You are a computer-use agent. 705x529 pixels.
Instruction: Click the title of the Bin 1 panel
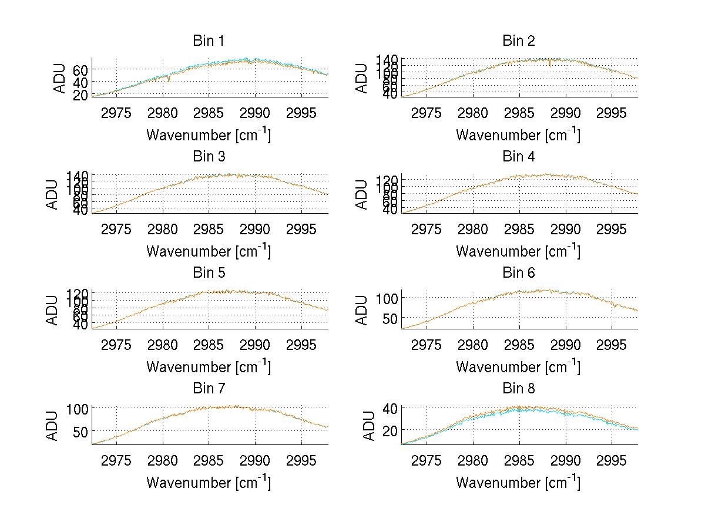pyautogui.click(x=209, y=41)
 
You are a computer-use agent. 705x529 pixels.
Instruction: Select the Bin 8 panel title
pyautogui.click(x=518, y=389)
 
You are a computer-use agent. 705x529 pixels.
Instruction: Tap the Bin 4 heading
pyautogui.click(x=518, y=157)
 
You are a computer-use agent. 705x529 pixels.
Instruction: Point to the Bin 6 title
pyautogui.click(x=518, y=273)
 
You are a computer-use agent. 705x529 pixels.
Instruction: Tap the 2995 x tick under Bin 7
pyautogui.click(x=302, y=460)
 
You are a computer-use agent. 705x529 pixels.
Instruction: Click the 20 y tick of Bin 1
pyautogui.click(x=80, y=95)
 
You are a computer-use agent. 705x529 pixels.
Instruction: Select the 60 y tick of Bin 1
pyautogui.click(x=80, y=69)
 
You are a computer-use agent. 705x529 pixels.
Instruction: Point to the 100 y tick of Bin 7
pyautogui.click(x=78, y=408)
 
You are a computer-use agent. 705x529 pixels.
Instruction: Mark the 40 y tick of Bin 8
pyautogui.click(x=390, y=408)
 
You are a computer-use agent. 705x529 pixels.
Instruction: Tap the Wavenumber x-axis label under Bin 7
pyautogui.click(x=209, y=482)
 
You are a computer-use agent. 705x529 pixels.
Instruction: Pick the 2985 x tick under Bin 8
pyautogui.click(x=519, y=460)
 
